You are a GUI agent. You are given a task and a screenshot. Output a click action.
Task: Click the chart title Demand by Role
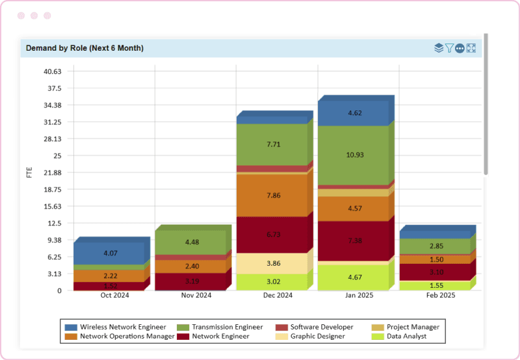(x=84, y=48)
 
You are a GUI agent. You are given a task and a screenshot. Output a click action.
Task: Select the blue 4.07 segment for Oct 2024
(x=110, y=253)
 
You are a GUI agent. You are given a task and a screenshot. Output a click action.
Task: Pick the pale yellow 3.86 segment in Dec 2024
(x=272, y=263)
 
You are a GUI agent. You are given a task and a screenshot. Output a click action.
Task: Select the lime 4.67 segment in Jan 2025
(x=353, y=277)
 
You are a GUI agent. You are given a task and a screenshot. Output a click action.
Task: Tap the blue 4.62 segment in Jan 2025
(x=353, y=113)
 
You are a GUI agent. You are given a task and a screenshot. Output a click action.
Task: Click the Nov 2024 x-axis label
(x=196, y=296)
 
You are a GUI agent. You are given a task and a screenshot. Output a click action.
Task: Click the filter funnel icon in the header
(x=449, y=48)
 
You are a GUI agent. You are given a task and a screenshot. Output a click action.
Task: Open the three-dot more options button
(x=460, y=48)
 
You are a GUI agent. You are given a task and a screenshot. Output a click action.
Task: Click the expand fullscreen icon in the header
(x=471, y=48)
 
